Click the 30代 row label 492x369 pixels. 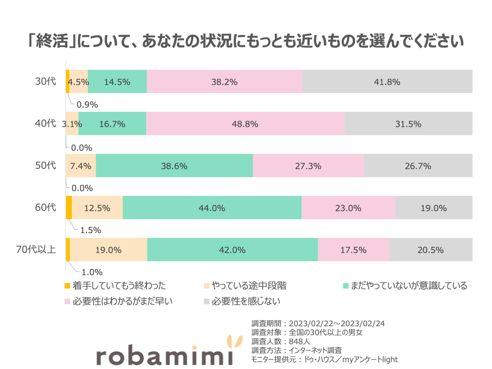(46, 82)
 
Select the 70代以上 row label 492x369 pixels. (36, 250)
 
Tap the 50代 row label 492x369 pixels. (46, 166)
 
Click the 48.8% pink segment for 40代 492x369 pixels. (245, 124)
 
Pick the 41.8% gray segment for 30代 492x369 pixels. (387, 82)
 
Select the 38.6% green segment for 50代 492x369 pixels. (174, 166)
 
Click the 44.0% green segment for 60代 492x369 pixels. (212, 208)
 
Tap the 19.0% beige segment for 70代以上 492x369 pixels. (108, 250)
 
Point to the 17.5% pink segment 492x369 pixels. (353, 250)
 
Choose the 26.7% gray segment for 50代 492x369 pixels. (418, 166)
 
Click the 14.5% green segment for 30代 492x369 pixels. (117, 82)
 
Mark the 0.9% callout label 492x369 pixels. (87, 104)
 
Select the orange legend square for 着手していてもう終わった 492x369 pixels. (67, 286)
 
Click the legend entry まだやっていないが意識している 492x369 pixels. (408, 286)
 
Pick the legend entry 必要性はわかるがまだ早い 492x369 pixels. (122, 301)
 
